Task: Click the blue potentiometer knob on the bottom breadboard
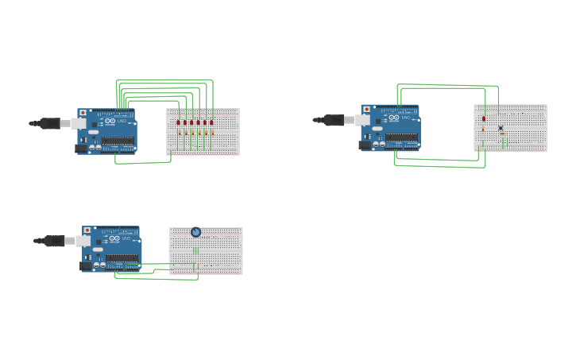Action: (x=195, y=232)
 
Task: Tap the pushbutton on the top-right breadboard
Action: (x=501, y=128)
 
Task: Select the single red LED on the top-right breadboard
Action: (x=483, y=118)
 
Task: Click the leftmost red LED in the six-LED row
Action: (x=179, y=122)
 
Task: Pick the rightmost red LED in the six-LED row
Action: (x=211, y=122)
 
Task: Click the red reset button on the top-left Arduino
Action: (x=83, y=113)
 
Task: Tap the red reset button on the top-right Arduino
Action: (x=366, y=109)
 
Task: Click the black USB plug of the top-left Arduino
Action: (x=51, y=123)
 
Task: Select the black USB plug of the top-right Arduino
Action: (x=334, y=120)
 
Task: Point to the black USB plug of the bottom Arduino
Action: (x=55, y=241)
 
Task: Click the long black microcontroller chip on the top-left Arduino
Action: (x=118, y=141)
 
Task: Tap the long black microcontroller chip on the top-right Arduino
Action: (x=401, y=137)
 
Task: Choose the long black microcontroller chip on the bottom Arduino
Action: (x=122, y=257)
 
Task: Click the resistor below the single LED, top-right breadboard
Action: (x=483, y=130)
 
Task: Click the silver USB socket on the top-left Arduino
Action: (x=79, y=124)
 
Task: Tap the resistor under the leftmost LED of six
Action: (x=179, y=133)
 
